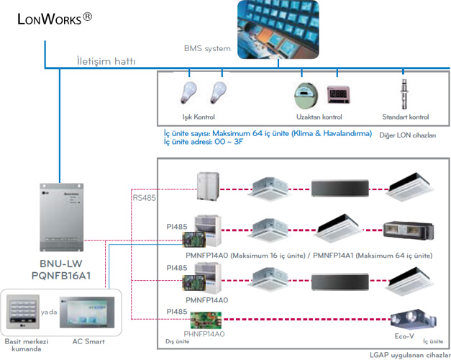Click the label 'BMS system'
tap(206, 49)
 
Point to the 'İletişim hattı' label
tap(106, 61)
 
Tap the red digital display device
tap(338, 96)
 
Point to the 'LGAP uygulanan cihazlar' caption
tap(408, 354)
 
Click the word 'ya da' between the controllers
tap(50, 313)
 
